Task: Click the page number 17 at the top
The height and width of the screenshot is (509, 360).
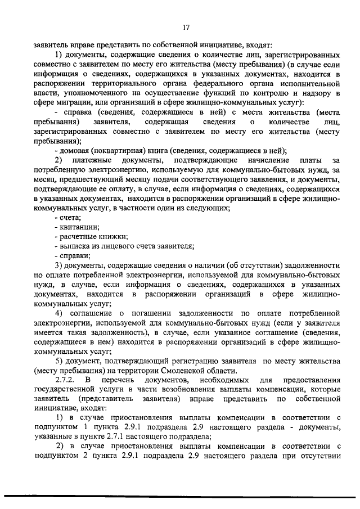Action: [186, 27]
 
